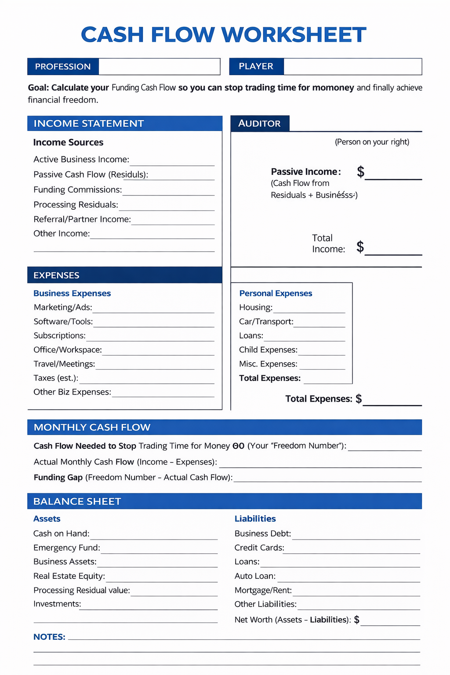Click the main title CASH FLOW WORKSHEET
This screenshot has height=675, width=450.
tap(223, 35)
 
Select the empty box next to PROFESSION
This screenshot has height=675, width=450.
tap(159, 67)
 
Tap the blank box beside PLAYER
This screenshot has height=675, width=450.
tap(352, 67)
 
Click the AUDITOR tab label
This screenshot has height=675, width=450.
tap(259, 123)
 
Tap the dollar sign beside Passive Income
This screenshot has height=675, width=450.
tap(360, 171)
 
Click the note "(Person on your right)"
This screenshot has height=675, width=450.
tap(372, 142)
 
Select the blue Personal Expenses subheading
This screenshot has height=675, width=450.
tap(276, 293)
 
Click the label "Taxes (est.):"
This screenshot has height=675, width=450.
tap(56, 378)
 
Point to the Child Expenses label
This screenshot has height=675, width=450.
tap(268, 350)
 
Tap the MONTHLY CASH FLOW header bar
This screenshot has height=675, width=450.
tap(225, 427)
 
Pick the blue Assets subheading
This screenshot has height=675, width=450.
tap(47, 519)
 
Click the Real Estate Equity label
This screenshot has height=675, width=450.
tap(69, 576)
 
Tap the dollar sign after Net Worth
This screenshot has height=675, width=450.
tap(357, 620)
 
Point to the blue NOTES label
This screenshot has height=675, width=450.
tap(49, 637)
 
